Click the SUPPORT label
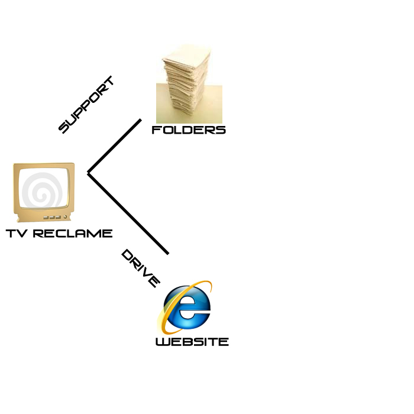[x=86, y=105]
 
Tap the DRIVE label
[x=140, y=269]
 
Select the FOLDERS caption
[x=189, y=130]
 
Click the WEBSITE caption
[x=192, y=341]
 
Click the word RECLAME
[x=72, y=233]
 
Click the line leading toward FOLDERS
[x=115, y=146]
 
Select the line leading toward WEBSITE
[x=128, y=214]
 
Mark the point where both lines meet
[x=88, y=173]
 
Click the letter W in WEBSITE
[x=162, y=341]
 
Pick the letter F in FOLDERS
[x=156, y=130]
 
